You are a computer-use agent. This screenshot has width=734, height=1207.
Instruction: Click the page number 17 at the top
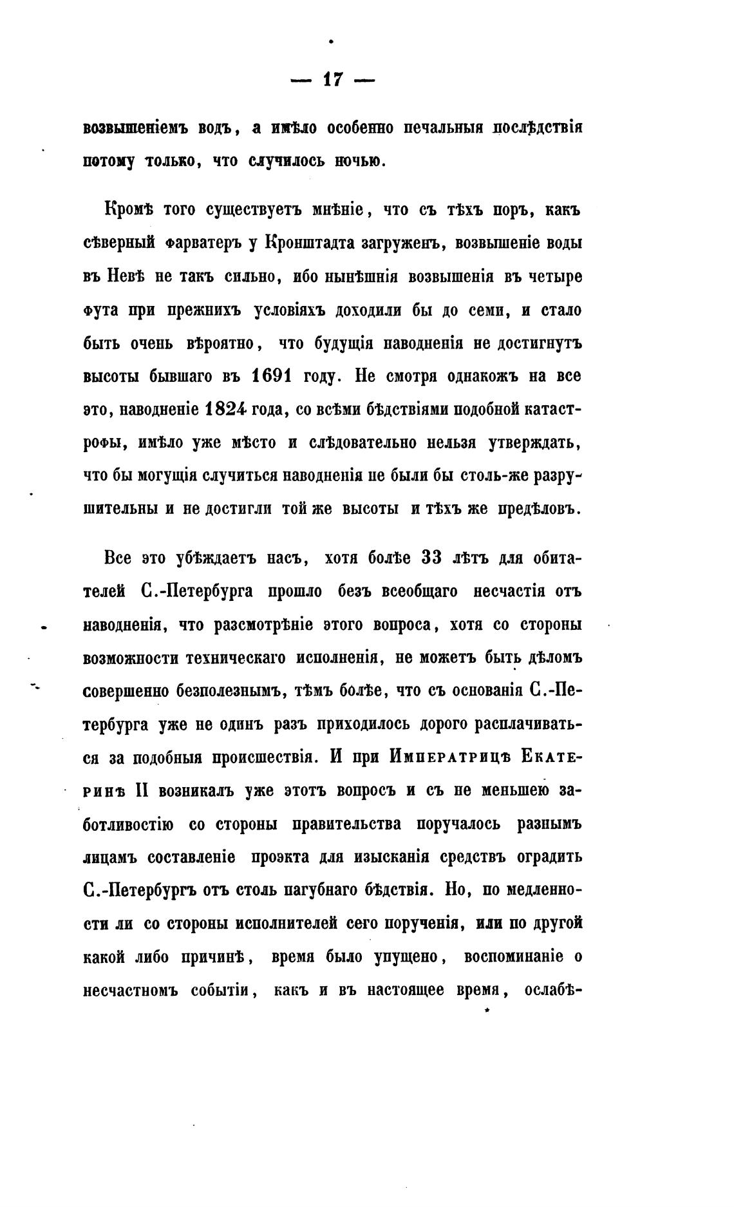pos(332,80)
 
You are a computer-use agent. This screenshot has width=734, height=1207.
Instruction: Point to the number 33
pos(431,558)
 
